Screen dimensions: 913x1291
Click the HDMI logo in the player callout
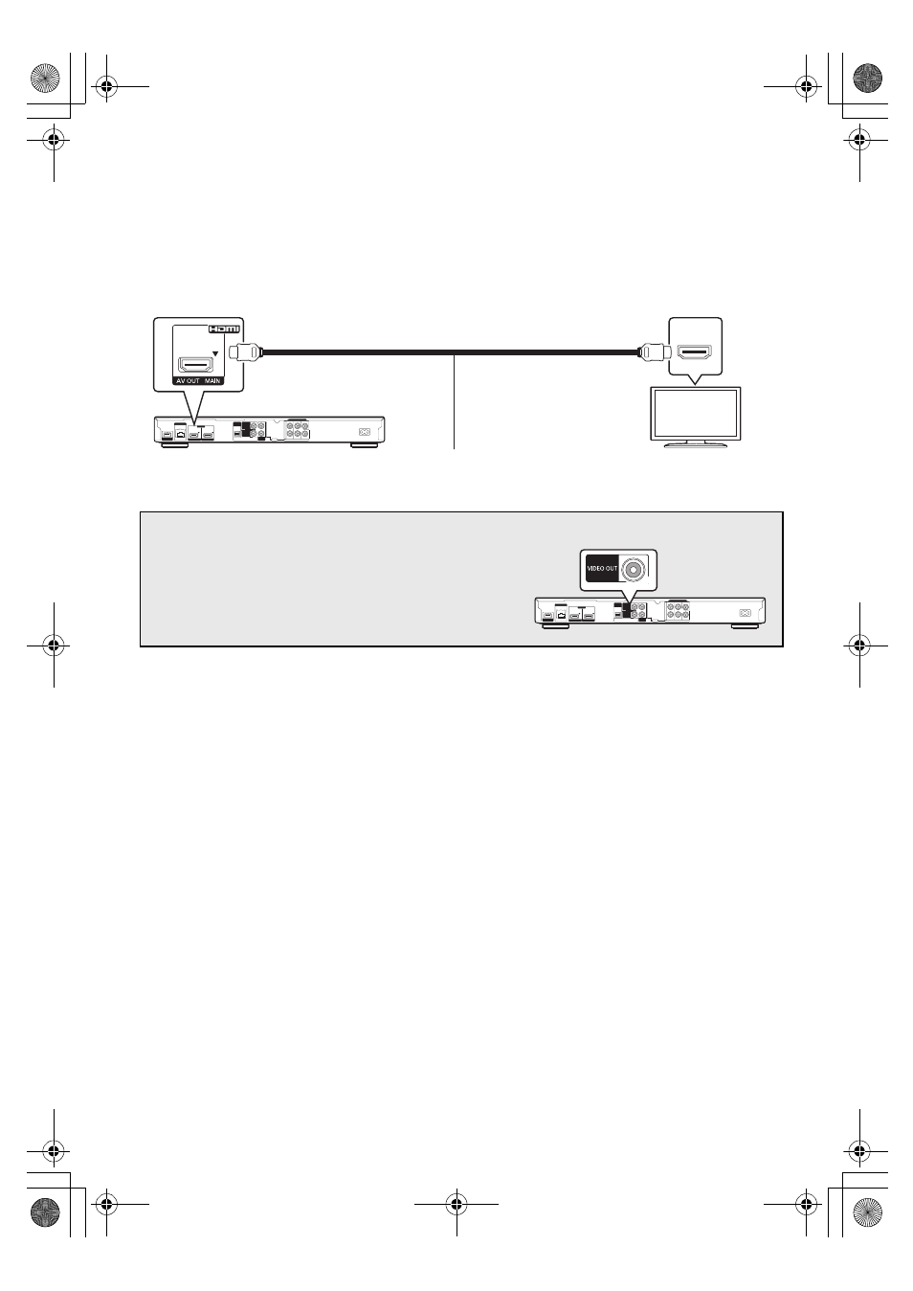point(224,328)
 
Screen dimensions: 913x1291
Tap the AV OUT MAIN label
point(198,381)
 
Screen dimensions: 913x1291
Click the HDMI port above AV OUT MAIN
point(196,366)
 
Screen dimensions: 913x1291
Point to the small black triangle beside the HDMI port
point(215,353)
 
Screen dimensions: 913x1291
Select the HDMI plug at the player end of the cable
point(245,352)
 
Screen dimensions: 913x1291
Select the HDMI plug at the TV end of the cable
point(654,351)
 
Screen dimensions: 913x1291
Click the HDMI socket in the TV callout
point(695,351)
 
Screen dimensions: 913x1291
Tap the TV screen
point(695,414)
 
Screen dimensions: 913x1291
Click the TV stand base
point(695,445)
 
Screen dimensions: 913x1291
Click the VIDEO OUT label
point(602,569)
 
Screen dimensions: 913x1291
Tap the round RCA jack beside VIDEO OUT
point(633,569)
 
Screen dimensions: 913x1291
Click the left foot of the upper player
point(175,445)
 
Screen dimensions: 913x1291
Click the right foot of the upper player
point(364,445)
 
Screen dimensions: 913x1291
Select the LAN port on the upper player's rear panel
point(180,434)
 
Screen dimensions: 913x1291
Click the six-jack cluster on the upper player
point(298,430)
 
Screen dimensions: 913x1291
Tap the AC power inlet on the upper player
point(364,431)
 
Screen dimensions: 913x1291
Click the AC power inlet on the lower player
point(745,613)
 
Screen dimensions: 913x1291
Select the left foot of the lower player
point(556,626)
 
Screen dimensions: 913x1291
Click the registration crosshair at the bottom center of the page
point(456,1204)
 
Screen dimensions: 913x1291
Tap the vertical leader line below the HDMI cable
point(454,401)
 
